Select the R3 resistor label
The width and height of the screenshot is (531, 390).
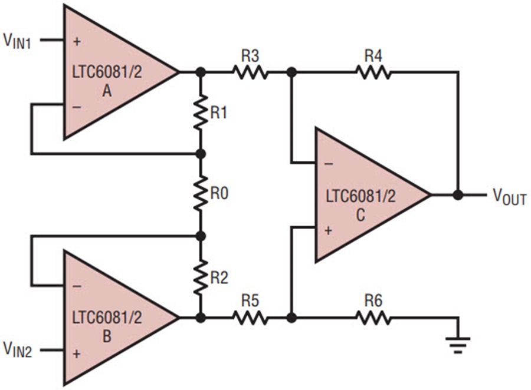[250, 56]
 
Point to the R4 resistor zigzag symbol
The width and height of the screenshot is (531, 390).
[373, 72]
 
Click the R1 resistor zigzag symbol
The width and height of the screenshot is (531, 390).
[201, 113]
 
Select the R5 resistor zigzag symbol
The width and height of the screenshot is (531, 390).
[250, 318]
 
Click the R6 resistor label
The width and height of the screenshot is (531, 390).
[373, 301]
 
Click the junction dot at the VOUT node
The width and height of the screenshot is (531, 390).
[458, 194]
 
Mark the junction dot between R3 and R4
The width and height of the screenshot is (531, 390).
[291, 72]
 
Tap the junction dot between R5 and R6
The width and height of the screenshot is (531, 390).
[291, 318]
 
